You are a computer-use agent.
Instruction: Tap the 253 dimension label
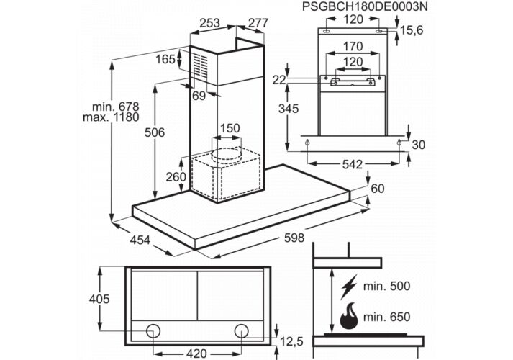pyautogui.click(x=209, y=23)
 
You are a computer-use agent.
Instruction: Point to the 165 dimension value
pyautogui.click(x=165, y=59)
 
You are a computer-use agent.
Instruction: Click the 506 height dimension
pyautogui.click(x=155, y=132)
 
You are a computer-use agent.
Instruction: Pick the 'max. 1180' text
pyautogui.click(x=110, y=117)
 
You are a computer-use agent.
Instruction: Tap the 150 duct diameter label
pyautogui.click(x=229, y=129)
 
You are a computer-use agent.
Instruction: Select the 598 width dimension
pyautogui.click(x=293, y=238)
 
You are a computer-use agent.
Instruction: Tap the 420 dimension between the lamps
pyautogui.click(x=198, y=354)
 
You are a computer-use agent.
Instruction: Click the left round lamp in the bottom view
pyautogui.click(x=153, y=331)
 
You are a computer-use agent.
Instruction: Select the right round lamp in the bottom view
pyautogui.click(x=242, y=331)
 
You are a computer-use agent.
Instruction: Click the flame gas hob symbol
pyautogui.click(x=349, y=314)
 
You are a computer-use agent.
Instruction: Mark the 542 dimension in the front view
pyautogui.click(x=352, y=165)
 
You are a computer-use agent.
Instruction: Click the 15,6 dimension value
pyautogui.click(x=412, y=31)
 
